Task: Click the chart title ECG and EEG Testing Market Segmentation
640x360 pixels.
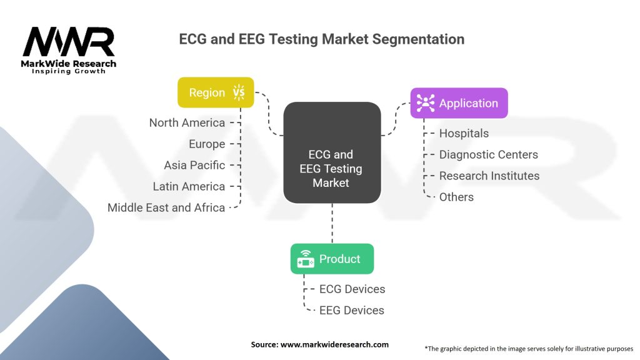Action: coord(321,39)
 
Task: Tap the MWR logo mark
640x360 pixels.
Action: coord(69,42)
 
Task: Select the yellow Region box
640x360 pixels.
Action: coord(216,92)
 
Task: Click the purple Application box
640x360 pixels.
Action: coord(459,103)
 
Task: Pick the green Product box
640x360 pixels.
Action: coord(332,259)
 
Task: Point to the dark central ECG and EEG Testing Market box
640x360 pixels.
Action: coord(332,152)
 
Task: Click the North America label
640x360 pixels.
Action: coord(187,122)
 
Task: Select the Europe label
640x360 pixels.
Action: coord(207,144)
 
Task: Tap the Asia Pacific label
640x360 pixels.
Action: coord(194,165)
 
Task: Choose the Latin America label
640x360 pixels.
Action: coord(189,186)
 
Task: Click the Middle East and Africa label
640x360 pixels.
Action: coord(166,207)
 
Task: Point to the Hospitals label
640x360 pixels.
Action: coord(464,133)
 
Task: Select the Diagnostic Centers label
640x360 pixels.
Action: coord(488,154)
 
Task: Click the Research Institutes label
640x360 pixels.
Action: coord(489,176)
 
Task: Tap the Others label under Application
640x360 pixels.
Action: coord(456,197)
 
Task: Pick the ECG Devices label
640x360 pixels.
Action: coord(352,289)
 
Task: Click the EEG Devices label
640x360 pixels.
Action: coord(352,310)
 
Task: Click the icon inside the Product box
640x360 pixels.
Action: coord(306,259)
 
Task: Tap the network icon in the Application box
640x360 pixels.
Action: coord(426,103)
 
